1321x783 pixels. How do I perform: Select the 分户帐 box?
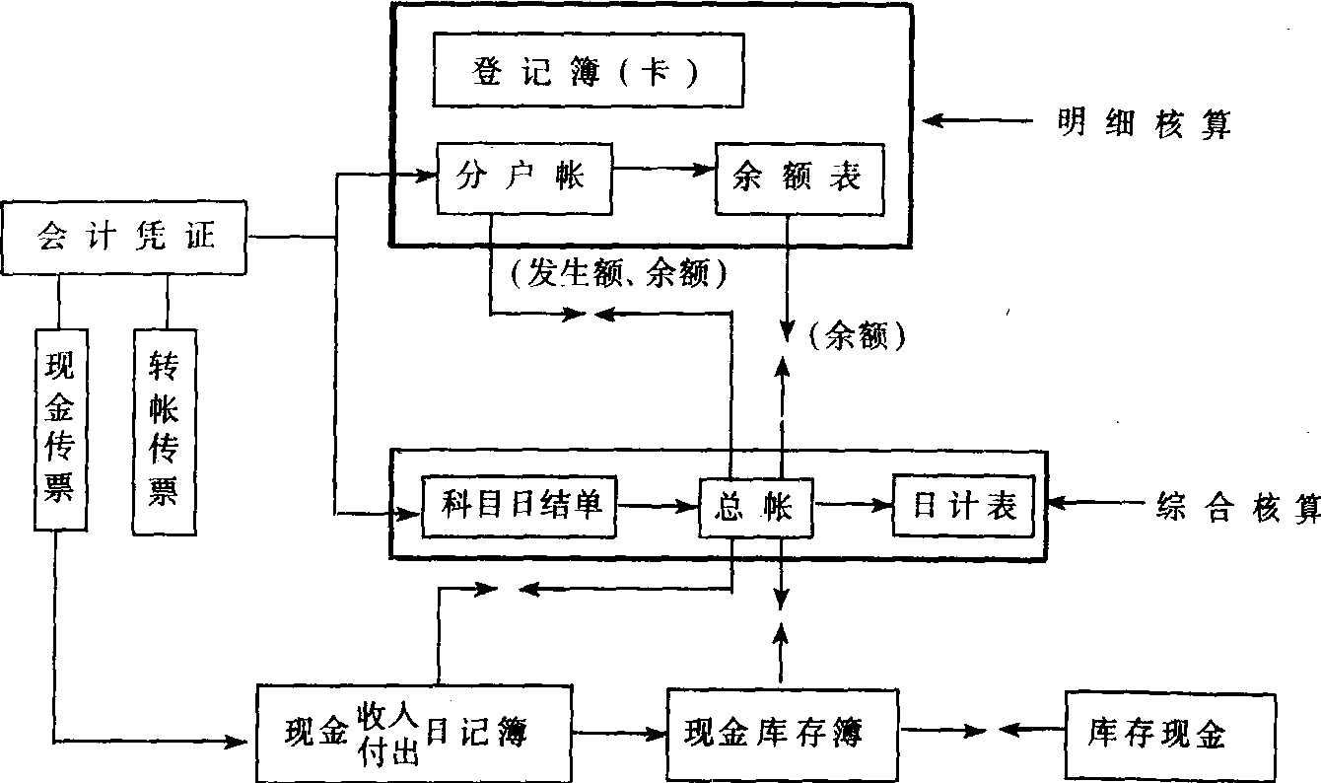(x=521, y=178)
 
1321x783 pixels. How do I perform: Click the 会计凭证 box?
(x=124, y=237)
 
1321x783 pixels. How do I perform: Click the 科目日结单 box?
(x=519, y=506)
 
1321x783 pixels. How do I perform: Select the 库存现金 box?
(x=1155, y=733)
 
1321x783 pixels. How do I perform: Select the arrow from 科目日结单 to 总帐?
(x=658, y=506)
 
